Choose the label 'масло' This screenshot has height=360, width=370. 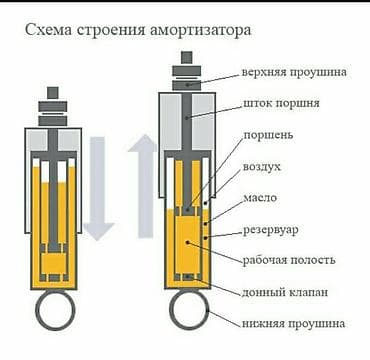pos(260,199)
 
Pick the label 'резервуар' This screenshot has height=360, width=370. pos(273,231)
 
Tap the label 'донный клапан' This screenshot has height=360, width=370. pos(284,292)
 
